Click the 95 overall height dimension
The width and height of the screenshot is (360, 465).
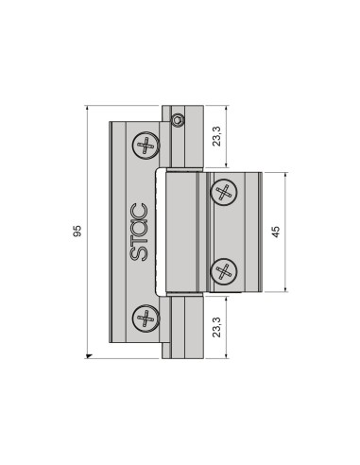(x=77, y=232)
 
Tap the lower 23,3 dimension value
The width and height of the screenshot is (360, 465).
(x=218, y=326)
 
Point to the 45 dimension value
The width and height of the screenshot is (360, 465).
(x=275, y=232)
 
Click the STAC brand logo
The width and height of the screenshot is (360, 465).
(x=138, y=232)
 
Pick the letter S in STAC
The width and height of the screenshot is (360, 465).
(x=138, y=254)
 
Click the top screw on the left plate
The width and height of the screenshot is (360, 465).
(x=146, y=146)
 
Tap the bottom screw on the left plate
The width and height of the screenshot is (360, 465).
(x=146, y=319)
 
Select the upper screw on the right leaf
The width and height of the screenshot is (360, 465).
(x=224, y=193)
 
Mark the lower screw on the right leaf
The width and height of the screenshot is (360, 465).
(x=224, y=271)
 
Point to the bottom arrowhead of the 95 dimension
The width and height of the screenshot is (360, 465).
(x=89, y=355)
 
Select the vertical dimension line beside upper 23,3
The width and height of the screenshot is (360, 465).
(x=228, y=138)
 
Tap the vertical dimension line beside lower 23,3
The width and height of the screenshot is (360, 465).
(x=228, y=326)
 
